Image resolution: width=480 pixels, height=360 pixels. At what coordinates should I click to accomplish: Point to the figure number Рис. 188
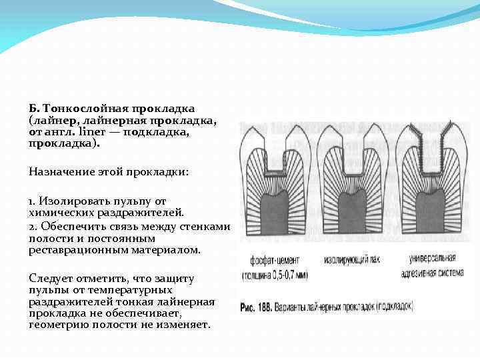(x=257, y=306)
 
